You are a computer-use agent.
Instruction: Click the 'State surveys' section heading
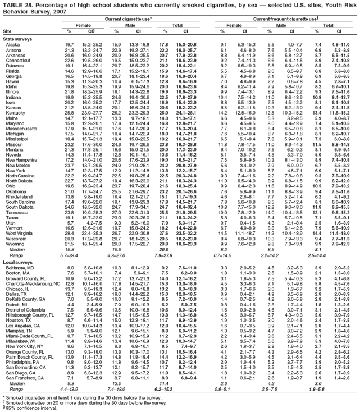point(17,38)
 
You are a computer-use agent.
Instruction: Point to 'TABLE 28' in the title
point(17,4)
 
